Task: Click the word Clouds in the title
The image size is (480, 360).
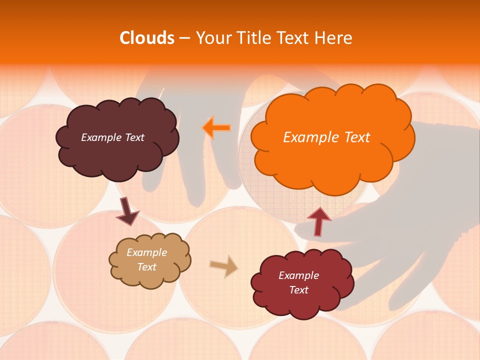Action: (146, 38)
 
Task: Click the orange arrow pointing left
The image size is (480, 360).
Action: (217, 127)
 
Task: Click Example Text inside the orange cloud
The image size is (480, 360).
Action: (326, 137)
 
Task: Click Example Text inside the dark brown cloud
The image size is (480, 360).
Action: (112, 137)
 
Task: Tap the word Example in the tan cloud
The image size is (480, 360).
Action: (146, 252)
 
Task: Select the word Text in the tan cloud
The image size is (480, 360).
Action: (146, 267)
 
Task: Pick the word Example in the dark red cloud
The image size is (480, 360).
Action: (298, 275)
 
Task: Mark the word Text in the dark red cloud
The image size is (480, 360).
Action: (298, 290)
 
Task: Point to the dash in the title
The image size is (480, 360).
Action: (184, 38)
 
